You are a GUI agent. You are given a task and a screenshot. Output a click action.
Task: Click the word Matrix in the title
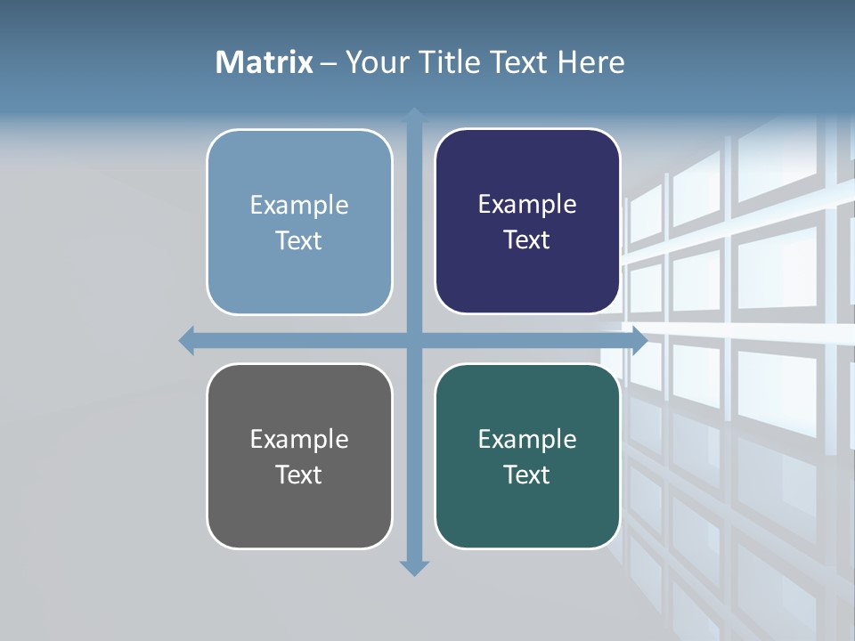point(264,62)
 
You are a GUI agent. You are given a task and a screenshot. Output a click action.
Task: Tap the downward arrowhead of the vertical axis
point(414,568)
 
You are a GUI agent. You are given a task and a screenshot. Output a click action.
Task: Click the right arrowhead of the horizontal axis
point(639,340)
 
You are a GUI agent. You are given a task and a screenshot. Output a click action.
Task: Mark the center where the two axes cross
point(414,340)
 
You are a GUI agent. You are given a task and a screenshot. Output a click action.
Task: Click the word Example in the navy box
point(527,205)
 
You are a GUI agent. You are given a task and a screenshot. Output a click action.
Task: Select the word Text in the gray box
point(298,475)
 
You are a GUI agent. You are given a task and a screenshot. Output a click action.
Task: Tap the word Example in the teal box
point(527,439)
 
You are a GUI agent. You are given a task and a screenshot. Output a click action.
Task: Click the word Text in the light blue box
point(298,240)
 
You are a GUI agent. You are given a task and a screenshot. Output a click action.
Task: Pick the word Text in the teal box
point(527,475)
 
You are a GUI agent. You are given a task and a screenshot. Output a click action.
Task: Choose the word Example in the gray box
point(298,439)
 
